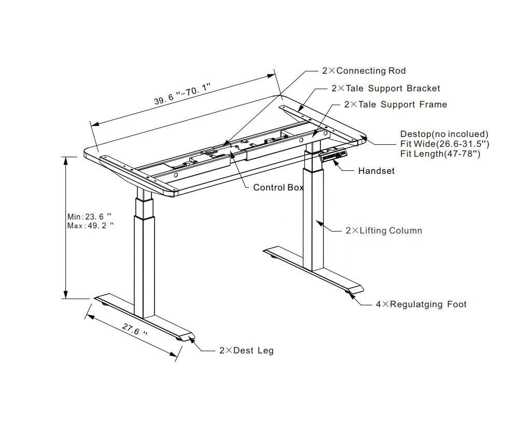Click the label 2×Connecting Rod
(x=363, y=71)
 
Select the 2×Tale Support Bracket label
(x=385, y=88)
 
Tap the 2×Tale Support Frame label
(x=395, y=104)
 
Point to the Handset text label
(x=376, y=171)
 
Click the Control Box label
(x=278, y=187)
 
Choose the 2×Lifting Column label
(x=384, y=230)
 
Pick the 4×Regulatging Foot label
(x=421, y=304)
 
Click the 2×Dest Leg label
(x=246, y=350)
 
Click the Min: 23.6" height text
(x=90, y=217)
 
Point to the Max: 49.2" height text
(x=90, y=226)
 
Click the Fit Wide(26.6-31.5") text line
(x=444, y=144)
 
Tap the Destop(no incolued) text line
(x=444, y=134)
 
